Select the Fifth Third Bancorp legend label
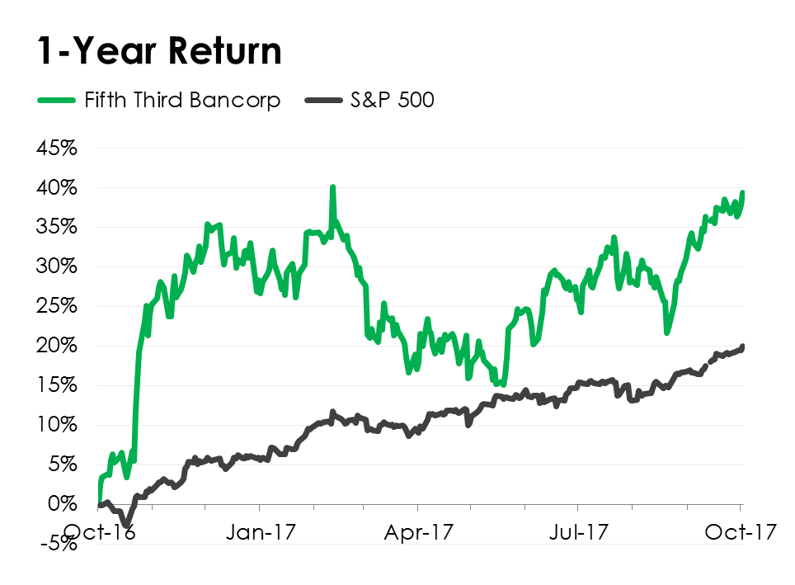[182, 101]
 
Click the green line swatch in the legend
[57, 101]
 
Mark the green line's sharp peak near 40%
[332, 187]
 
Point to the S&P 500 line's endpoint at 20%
[743, 347]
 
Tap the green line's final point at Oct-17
[743, 193]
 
